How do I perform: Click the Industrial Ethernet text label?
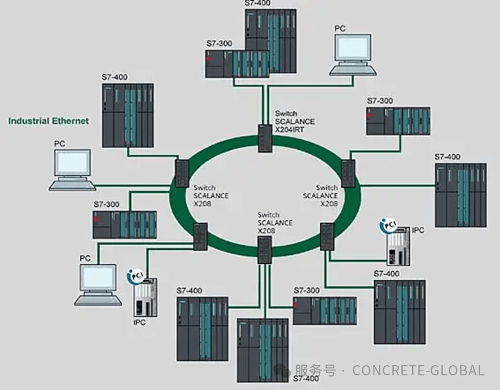pos(48,121)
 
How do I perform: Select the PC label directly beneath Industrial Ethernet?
pos(59,144)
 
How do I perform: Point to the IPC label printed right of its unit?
pos(418,230)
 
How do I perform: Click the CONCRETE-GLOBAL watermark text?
pos(418,370)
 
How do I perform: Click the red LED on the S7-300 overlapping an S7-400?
pos(209,58)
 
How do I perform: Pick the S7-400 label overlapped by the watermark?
pos(305,380)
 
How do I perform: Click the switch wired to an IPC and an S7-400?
pos(327,237)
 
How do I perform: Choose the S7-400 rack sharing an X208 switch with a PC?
pos(128,116)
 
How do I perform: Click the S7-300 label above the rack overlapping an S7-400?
pos(219,43)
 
